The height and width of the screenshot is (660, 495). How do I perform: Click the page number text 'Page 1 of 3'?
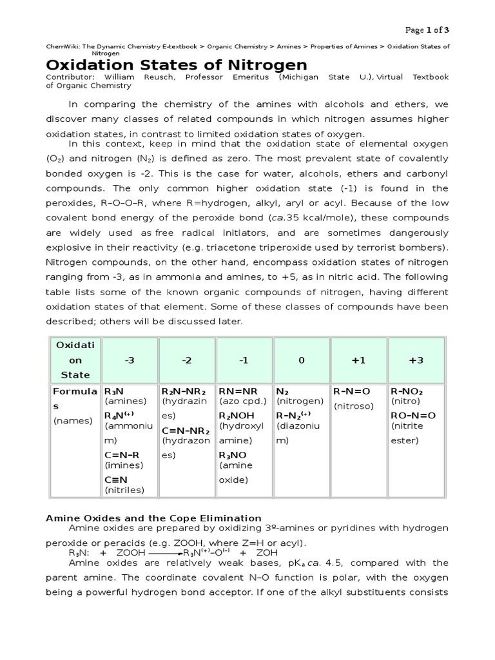(426, 30)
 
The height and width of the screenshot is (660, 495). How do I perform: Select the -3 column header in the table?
(130, 360)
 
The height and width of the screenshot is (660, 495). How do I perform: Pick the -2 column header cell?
(187, 360)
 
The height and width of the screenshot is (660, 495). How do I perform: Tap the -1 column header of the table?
(243, 360)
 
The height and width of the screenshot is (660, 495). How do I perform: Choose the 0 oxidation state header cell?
(301, 360)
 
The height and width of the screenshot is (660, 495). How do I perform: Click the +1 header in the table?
(358, 360)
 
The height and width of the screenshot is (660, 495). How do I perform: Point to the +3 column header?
(416, 360)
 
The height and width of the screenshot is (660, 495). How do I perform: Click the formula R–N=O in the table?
(352, 391)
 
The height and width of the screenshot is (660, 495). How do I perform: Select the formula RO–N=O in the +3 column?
(413, 416)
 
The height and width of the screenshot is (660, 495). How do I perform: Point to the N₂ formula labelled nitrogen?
(282, 391)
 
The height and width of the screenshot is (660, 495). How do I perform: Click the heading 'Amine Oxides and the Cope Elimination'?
(153, 518)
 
